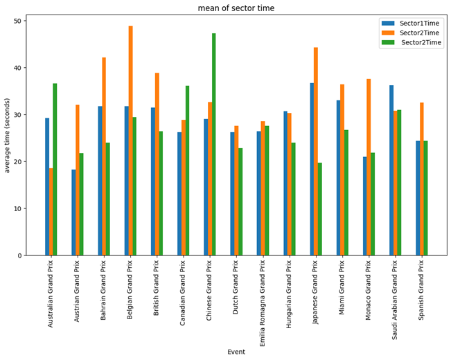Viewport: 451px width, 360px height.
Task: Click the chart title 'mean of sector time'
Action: [236, 8]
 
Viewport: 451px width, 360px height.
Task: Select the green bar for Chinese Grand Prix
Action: [214, 144]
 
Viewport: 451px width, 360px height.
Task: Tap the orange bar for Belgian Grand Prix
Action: [130, 141]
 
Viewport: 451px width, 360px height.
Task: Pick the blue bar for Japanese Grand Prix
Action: [312, 169]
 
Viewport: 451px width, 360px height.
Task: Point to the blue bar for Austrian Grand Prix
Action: [73, 213]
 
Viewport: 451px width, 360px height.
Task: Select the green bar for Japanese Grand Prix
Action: [320, 209]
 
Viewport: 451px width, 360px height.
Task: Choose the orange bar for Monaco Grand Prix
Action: [369, 167]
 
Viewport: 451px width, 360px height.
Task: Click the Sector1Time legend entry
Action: [418, 23]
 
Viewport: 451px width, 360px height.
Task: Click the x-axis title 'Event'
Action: [236, 352]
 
